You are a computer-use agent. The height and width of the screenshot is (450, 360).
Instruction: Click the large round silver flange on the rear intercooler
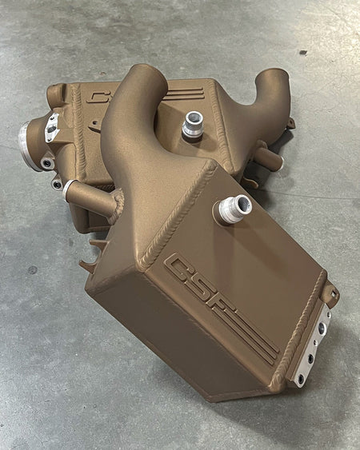(28, 145)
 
